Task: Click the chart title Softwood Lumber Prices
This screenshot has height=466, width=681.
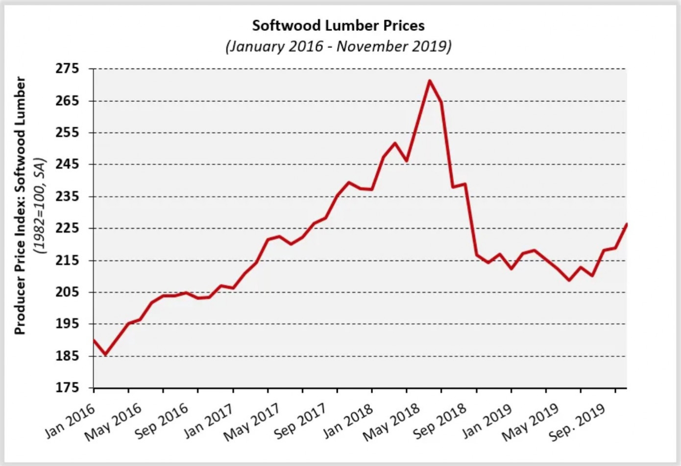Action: click(x=338, y=25)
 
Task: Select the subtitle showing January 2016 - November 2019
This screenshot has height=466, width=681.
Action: click(x=338, y=47)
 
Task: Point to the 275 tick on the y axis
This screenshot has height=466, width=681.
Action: click(x=68, y=69)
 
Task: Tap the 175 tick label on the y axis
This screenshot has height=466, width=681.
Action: click(x=68, y=388)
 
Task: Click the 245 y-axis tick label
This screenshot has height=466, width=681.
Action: click(x=68, y=164)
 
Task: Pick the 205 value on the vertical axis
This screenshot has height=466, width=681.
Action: click(x=68, y=292)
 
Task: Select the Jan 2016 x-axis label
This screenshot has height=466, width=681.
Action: click(x=70, y=419)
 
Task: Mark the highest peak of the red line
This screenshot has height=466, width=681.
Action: click(x=429, y=81)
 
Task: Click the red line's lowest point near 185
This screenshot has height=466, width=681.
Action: click(x=105, y=354)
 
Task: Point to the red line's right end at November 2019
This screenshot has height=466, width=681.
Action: click(x=627, y=224)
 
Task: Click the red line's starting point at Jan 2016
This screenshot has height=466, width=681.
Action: click(x=94, y=340)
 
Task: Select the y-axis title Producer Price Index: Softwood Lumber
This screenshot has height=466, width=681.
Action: click(x=20, y=206)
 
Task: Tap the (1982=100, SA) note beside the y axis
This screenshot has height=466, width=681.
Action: click(x=39, y=206)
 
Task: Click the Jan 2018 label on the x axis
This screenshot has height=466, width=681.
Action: click(x=348, y=420)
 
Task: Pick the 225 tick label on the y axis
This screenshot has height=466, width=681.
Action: click(x=68, y=228)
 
